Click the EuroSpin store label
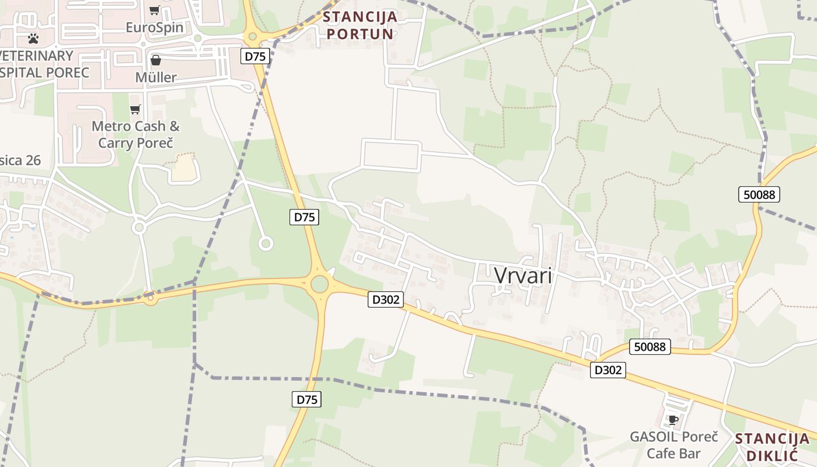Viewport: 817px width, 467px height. point(155,27)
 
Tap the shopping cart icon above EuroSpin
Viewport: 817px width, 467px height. point(154,10)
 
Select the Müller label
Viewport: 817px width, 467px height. point(155,77)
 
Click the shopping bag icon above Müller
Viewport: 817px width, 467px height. point(156,60)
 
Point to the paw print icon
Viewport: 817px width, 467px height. point(33,39)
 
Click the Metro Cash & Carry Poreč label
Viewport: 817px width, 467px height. point(136,134)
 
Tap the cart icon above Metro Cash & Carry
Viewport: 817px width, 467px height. point(135,109)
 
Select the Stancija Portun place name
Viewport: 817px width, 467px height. point(361,25)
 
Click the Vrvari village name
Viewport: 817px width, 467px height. point(523,276)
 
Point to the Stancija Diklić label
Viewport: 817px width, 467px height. point(772,447)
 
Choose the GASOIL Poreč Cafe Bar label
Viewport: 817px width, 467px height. point(673,445)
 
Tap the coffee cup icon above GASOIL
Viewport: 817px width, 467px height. point(673,420)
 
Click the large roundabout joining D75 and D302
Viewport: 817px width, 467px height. point(319,284)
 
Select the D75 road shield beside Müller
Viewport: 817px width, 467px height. point(255,56)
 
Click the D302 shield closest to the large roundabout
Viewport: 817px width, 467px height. point(386,299)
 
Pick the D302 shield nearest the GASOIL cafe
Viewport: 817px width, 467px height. point(607,370)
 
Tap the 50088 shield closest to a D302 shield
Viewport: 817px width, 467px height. point(650,347)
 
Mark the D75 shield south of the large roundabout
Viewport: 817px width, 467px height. point(306,399)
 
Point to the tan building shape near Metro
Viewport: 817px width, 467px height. point(184,168)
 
